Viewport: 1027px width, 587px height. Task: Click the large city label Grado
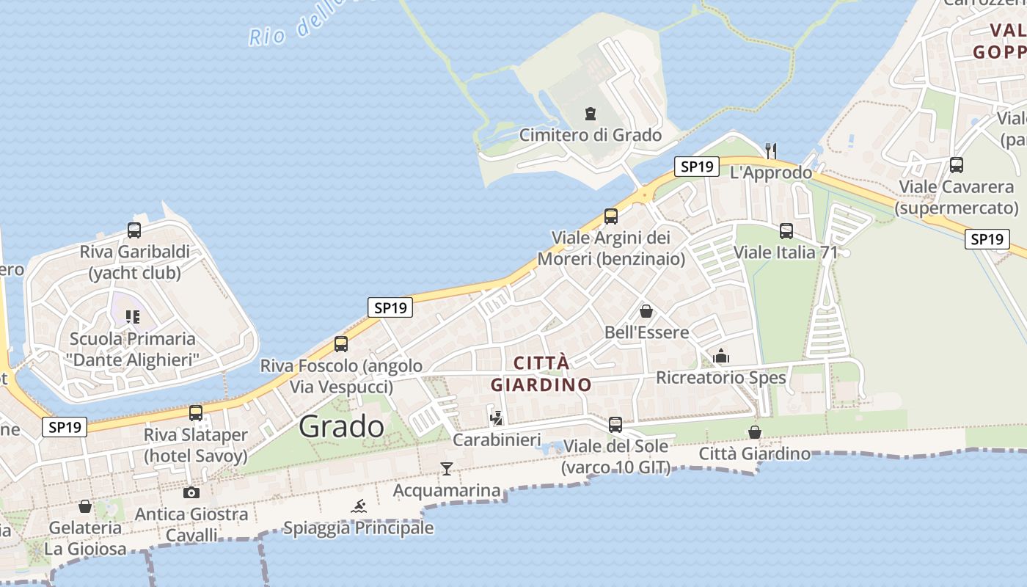coord(342,426)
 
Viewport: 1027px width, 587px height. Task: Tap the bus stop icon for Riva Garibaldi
coord(134,230)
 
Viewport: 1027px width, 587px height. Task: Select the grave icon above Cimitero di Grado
coord(590,114)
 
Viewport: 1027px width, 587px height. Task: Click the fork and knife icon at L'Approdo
coord(770,150)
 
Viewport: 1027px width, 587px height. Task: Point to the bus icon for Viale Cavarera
coord(956,165)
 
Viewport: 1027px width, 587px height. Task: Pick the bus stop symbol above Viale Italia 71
coord(786,231)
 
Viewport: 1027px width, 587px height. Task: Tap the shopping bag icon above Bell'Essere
coord(646,311)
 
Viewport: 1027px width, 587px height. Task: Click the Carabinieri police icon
coord(497,418)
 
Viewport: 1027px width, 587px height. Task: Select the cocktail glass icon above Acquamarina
coord(446,468)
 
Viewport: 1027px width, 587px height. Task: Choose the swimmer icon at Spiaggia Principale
coord(359,506)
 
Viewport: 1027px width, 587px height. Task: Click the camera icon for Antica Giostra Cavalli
coord(191,492)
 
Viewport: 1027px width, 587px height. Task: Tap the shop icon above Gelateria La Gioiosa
coord(85,506)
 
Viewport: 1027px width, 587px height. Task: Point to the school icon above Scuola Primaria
coord(133,317)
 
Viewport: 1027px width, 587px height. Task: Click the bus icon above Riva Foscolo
coord(341,344)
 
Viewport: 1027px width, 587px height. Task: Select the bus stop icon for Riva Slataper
coord(196,413)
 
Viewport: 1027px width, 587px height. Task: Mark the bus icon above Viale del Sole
coord(615,424)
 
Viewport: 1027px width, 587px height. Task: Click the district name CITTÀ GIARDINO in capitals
coord(541,373)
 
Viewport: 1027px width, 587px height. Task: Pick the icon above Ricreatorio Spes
coord(721,357)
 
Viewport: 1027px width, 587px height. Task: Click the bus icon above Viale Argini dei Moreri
coord(611,216)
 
